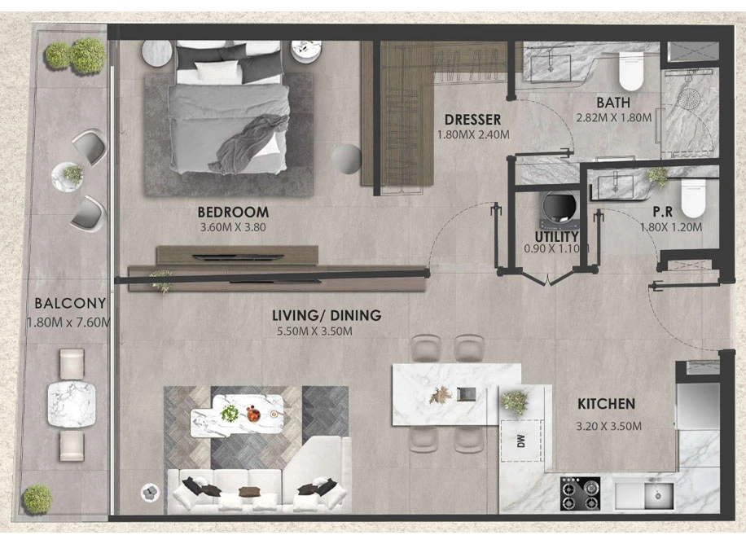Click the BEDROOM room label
(233, 212)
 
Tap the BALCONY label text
(70, 303)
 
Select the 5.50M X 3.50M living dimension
(314, 331)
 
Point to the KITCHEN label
(606, 404)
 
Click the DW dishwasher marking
(521, 441)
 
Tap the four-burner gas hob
(580, 494)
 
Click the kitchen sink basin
(659, 496)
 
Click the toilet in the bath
(631, 71)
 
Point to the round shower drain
(689, 99)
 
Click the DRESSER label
(472, 119)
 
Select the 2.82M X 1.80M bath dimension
(614, 117)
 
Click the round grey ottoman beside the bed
(346, 159)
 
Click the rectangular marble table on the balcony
(72, 405)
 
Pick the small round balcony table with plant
(67, 177)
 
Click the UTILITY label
(556, 236)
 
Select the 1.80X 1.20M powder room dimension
(671, 227)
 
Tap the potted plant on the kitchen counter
(515, 401)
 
